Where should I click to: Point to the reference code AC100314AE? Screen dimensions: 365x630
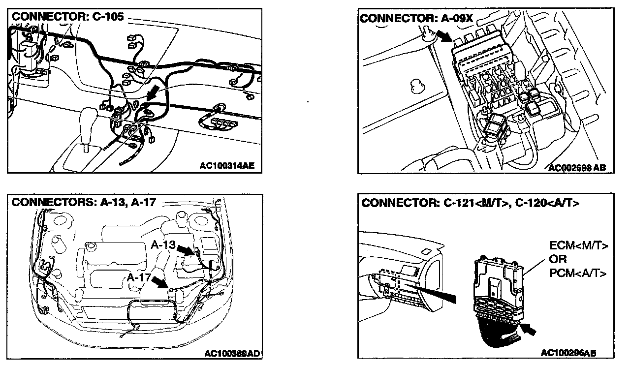click(x=227, y=166)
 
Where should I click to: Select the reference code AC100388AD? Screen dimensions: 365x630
click(x=232, y=353)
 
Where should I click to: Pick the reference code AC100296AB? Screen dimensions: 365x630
click(x=568, y=353)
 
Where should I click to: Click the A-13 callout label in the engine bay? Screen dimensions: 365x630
click(x=164, y=244)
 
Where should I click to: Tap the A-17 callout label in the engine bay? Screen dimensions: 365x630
click(x=139, y=277)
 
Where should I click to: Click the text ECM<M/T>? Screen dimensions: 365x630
click(x=578, y=245)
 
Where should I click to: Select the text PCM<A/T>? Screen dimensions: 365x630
click(x=577, y=273)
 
